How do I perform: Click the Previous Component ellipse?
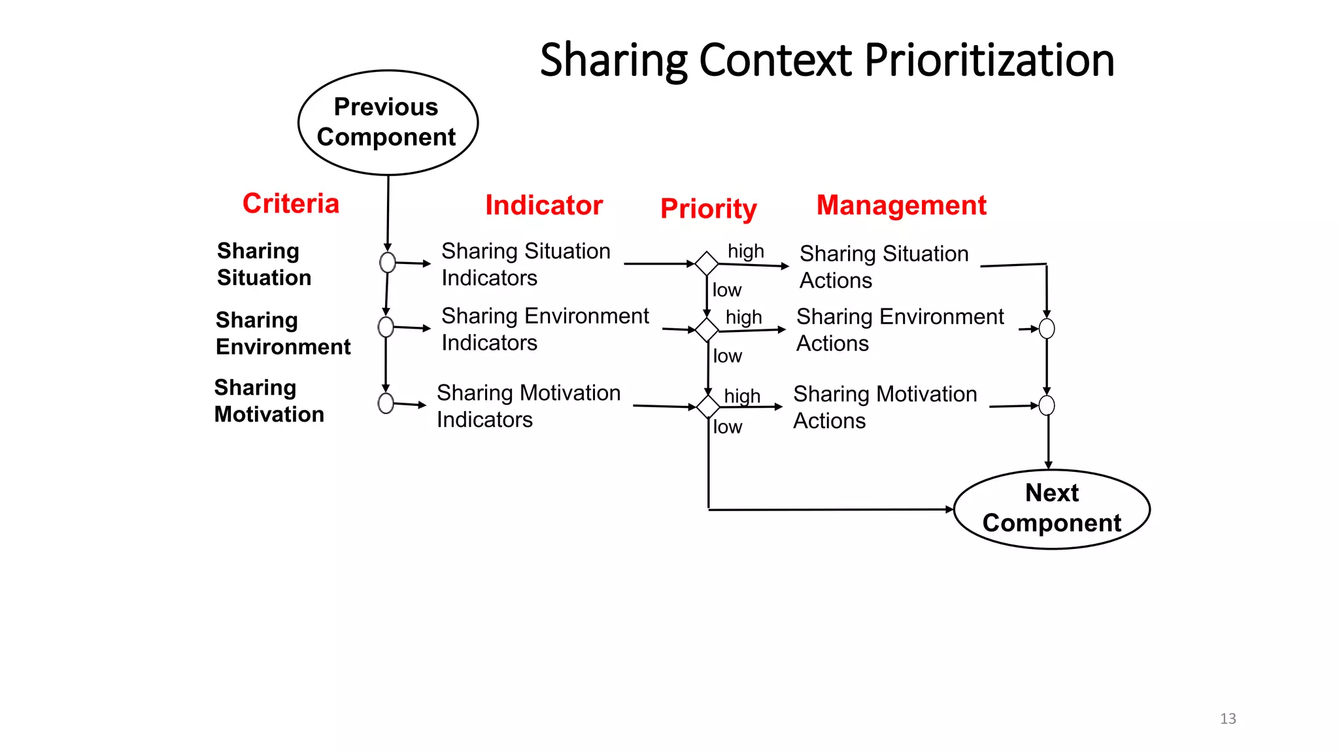(388, 122)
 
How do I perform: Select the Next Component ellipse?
(1051, 509)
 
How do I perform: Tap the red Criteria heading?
(291, 203)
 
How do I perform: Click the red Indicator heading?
(543, 205)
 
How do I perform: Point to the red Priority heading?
(708, 209)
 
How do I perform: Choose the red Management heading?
(901, 205)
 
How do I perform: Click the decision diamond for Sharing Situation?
(707, 263)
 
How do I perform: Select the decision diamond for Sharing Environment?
(707, 330)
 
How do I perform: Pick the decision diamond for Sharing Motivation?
(708, 407)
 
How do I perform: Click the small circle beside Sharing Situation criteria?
(388, 263)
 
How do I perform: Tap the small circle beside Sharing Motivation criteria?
(386, 403)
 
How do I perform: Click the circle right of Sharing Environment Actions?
(1047, 329)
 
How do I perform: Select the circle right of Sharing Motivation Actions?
(1047, 405)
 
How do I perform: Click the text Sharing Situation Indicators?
(525, 264)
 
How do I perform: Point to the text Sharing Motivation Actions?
(885, 407)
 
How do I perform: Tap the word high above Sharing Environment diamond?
(743, 317)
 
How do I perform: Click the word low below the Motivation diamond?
(727, 427)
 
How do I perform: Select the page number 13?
(1228, 718)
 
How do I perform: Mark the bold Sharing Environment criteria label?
(283, 333)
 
